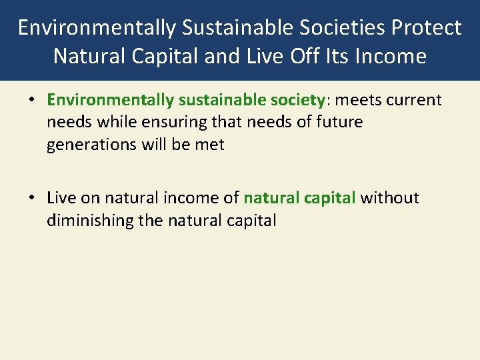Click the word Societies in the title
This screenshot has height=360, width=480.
tap(349, 28)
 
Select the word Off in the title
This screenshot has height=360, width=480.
tap(297, 56)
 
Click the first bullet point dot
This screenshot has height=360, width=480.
tap(31, 101)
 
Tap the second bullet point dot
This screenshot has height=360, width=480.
tap(31, 199)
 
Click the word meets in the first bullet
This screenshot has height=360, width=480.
tap(358, 100)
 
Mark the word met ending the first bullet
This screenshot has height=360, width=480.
tap(211, 145)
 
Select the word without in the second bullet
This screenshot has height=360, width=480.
tap(389, 198)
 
